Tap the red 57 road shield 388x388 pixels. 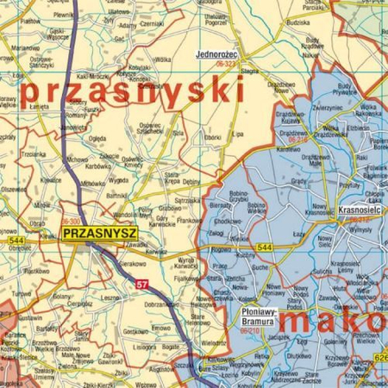(x=143, y=283)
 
